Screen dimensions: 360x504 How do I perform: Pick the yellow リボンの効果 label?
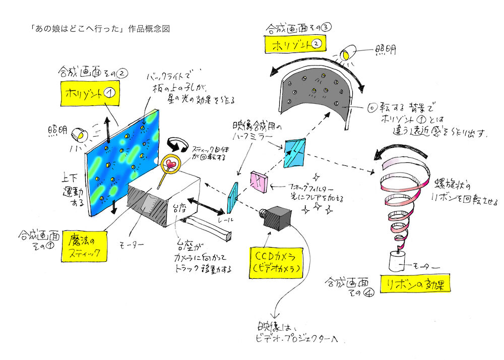(415, 283)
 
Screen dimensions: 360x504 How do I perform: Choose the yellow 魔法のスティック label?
(87, 246)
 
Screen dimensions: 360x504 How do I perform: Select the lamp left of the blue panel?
(79, 135)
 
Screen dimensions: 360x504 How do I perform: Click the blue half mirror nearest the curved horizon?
(295, 153)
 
